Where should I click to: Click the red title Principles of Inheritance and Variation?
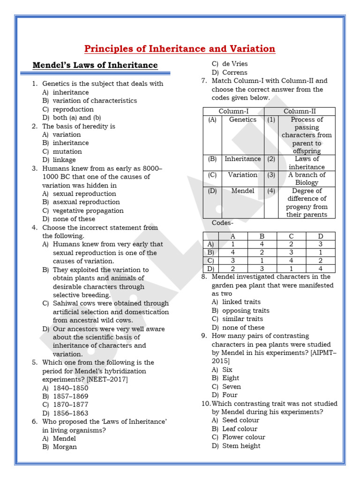pos(180,49)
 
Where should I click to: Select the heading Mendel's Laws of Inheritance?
pos(95,65)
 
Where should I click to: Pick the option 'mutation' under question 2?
pos(67,151)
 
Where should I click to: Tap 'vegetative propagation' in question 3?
pos(88,210)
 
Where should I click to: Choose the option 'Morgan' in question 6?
pos(65,447)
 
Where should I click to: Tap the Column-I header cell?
pos(233,111)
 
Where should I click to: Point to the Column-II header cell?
pos(300,111)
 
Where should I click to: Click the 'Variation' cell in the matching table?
pos(242,175)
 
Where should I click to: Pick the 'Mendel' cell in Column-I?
pos(242,191)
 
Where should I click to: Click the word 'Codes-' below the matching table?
pos(222,223)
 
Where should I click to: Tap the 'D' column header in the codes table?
pos(320,236)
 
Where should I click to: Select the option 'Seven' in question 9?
pos(232,387)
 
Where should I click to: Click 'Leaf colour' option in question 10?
pos(240,428)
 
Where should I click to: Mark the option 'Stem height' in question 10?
pos(241,446)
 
